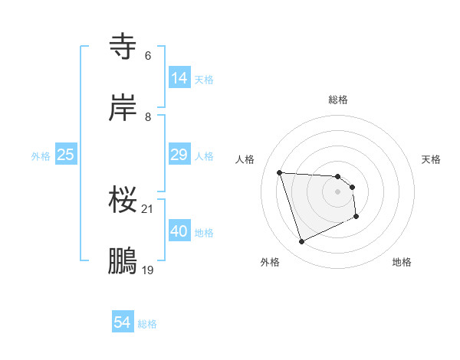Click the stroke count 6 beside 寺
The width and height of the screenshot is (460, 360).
click(148, 56)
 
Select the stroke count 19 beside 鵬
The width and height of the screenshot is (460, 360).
click(148, 270)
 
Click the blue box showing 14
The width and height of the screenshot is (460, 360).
click(179, 77)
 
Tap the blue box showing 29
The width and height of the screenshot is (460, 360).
click(179, 155)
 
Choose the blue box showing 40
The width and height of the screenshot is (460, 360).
click(179, 231)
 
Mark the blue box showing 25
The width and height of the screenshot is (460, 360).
click(66, 155)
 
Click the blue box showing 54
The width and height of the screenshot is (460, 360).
click(123, 323)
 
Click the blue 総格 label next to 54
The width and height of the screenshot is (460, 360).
click(147, 324)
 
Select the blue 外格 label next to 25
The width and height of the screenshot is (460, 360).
click(41, 156)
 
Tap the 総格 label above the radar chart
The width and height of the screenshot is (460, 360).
click(338, 100)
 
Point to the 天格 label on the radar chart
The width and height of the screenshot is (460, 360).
click(432, 159)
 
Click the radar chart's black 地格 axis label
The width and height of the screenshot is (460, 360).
click(402, 262)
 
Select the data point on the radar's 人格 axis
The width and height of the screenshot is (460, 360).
click(280, 172)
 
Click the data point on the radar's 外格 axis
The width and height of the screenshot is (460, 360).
click(301, 242)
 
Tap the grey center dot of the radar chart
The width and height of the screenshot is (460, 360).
click(338, 191)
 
